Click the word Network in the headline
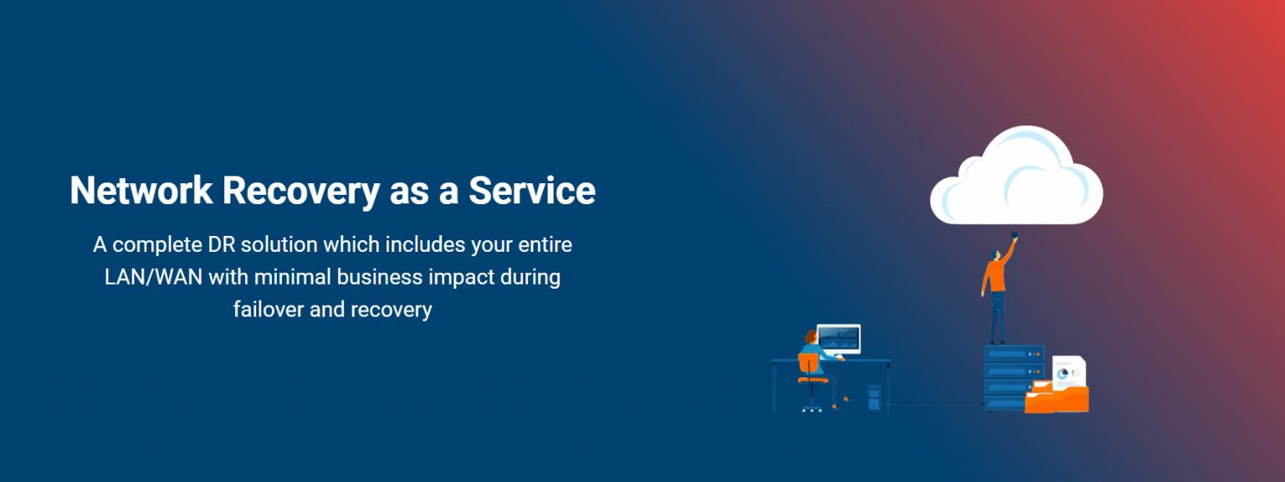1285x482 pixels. tap(141, 191)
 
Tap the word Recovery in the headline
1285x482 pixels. tap(301, 192)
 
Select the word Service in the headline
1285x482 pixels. tap(532, 191)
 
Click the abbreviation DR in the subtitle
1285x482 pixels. tap(219, 244)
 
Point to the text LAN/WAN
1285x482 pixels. tap(153, 277)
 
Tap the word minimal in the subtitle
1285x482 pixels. tap(293, 277)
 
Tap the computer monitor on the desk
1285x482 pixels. tap(839, 339)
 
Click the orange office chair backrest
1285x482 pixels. tap(808, 364)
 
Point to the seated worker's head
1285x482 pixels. tap(811, 336)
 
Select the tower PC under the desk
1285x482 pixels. tap(873, 397)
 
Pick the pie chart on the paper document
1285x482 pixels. tap(1062, 373)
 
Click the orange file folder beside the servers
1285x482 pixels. tap(1057, 397)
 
